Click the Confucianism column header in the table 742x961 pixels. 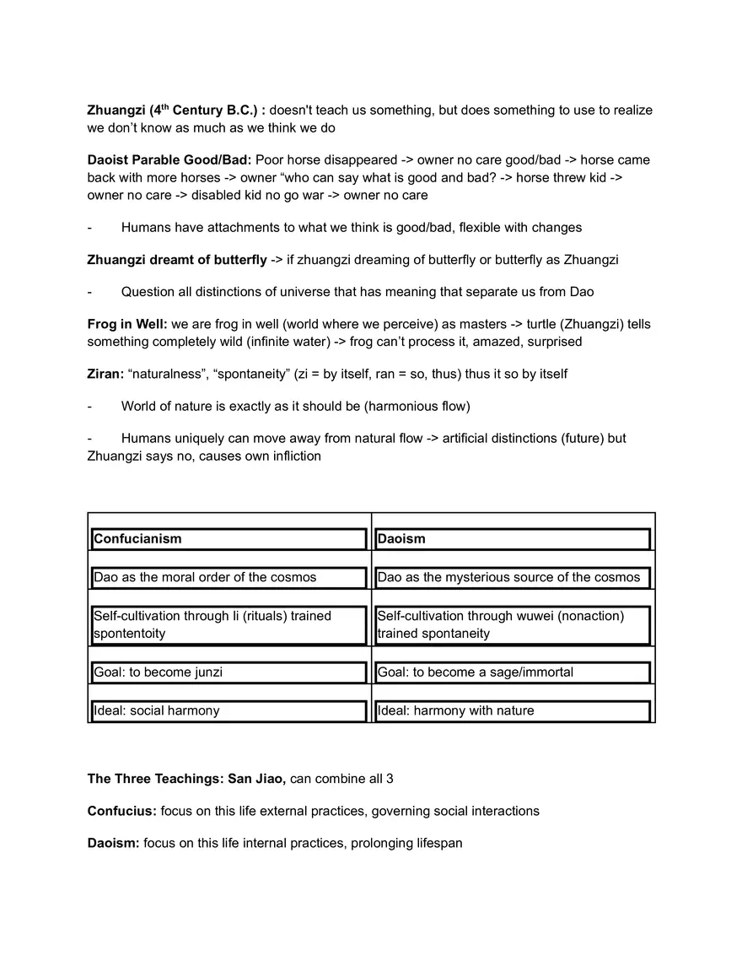pos(137,539)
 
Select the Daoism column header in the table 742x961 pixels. pos(401,539)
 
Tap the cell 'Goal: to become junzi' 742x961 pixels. pos(158,672)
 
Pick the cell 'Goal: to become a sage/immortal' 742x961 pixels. pos(475,672)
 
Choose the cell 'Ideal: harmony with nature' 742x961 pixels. pos(455,710)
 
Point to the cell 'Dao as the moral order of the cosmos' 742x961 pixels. pos(205,577)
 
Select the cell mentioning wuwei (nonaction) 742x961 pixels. pos(501,624)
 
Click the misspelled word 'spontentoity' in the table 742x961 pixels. pos(129,634)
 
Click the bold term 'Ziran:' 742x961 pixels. pos(105,374)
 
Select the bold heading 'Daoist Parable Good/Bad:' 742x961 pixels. pos(169,160)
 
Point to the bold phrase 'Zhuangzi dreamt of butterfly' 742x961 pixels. pos(176,260)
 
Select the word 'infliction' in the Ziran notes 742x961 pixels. pos(291,456)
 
